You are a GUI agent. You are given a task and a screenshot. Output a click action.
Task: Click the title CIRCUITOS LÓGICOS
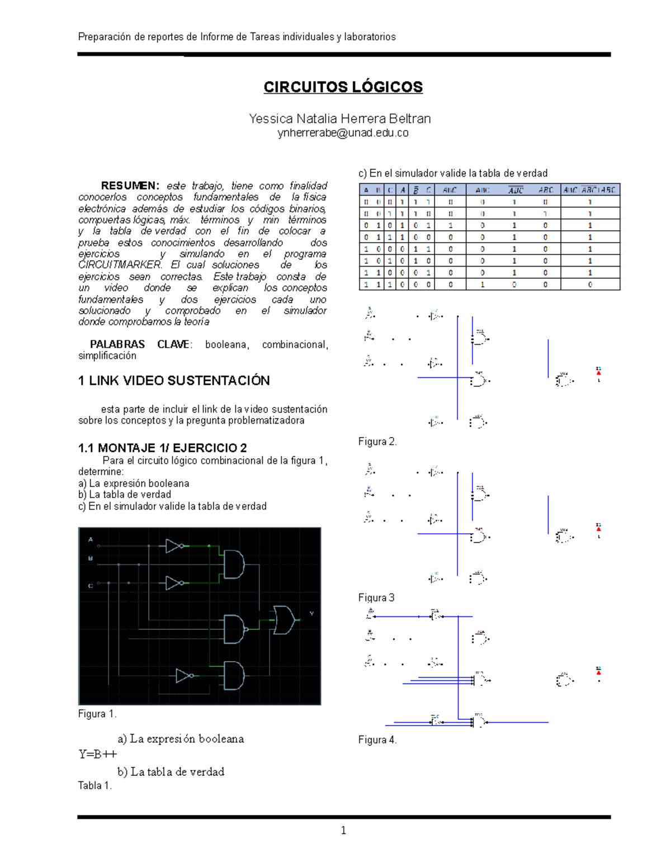tap(343, 87)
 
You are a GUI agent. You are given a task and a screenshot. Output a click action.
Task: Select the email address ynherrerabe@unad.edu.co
tap(343, 133)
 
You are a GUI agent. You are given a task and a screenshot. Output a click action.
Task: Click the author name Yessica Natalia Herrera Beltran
tap(339, 118)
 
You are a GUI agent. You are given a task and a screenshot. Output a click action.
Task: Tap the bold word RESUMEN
tap(130, 186)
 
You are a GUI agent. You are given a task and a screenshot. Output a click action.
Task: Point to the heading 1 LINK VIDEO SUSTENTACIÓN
tap(174, 381)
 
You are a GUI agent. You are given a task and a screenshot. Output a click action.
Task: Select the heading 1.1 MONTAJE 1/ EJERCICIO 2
tap(163, 448)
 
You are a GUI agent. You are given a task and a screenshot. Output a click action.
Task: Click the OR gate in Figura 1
tap(283, 620)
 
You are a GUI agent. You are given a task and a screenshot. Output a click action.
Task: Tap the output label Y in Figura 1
tap(311, 614)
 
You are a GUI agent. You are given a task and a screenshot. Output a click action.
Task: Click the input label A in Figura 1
tap(91, 539)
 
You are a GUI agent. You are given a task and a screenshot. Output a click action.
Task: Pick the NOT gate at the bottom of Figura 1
tap(185, 676)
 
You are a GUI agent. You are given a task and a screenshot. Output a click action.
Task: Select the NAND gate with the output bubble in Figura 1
tap(235, 629)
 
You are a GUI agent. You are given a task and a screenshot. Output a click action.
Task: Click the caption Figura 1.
tap(97, 714)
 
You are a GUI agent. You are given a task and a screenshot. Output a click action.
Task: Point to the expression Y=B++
tap(98, 754)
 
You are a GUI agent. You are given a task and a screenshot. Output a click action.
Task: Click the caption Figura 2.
tap(377, 442)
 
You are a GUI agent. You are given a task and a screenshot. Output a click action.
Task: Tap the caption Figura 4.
tap(377, 740)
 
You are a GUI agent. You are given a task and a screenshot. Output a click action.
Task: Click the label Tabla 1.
tap(95, 786)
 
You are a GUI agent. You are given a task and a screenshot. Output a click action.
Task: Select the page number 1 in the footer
tap(343, 831)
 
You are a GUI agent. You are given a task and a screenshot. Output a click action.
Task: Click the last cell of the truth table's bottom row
tap(590, 284)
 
